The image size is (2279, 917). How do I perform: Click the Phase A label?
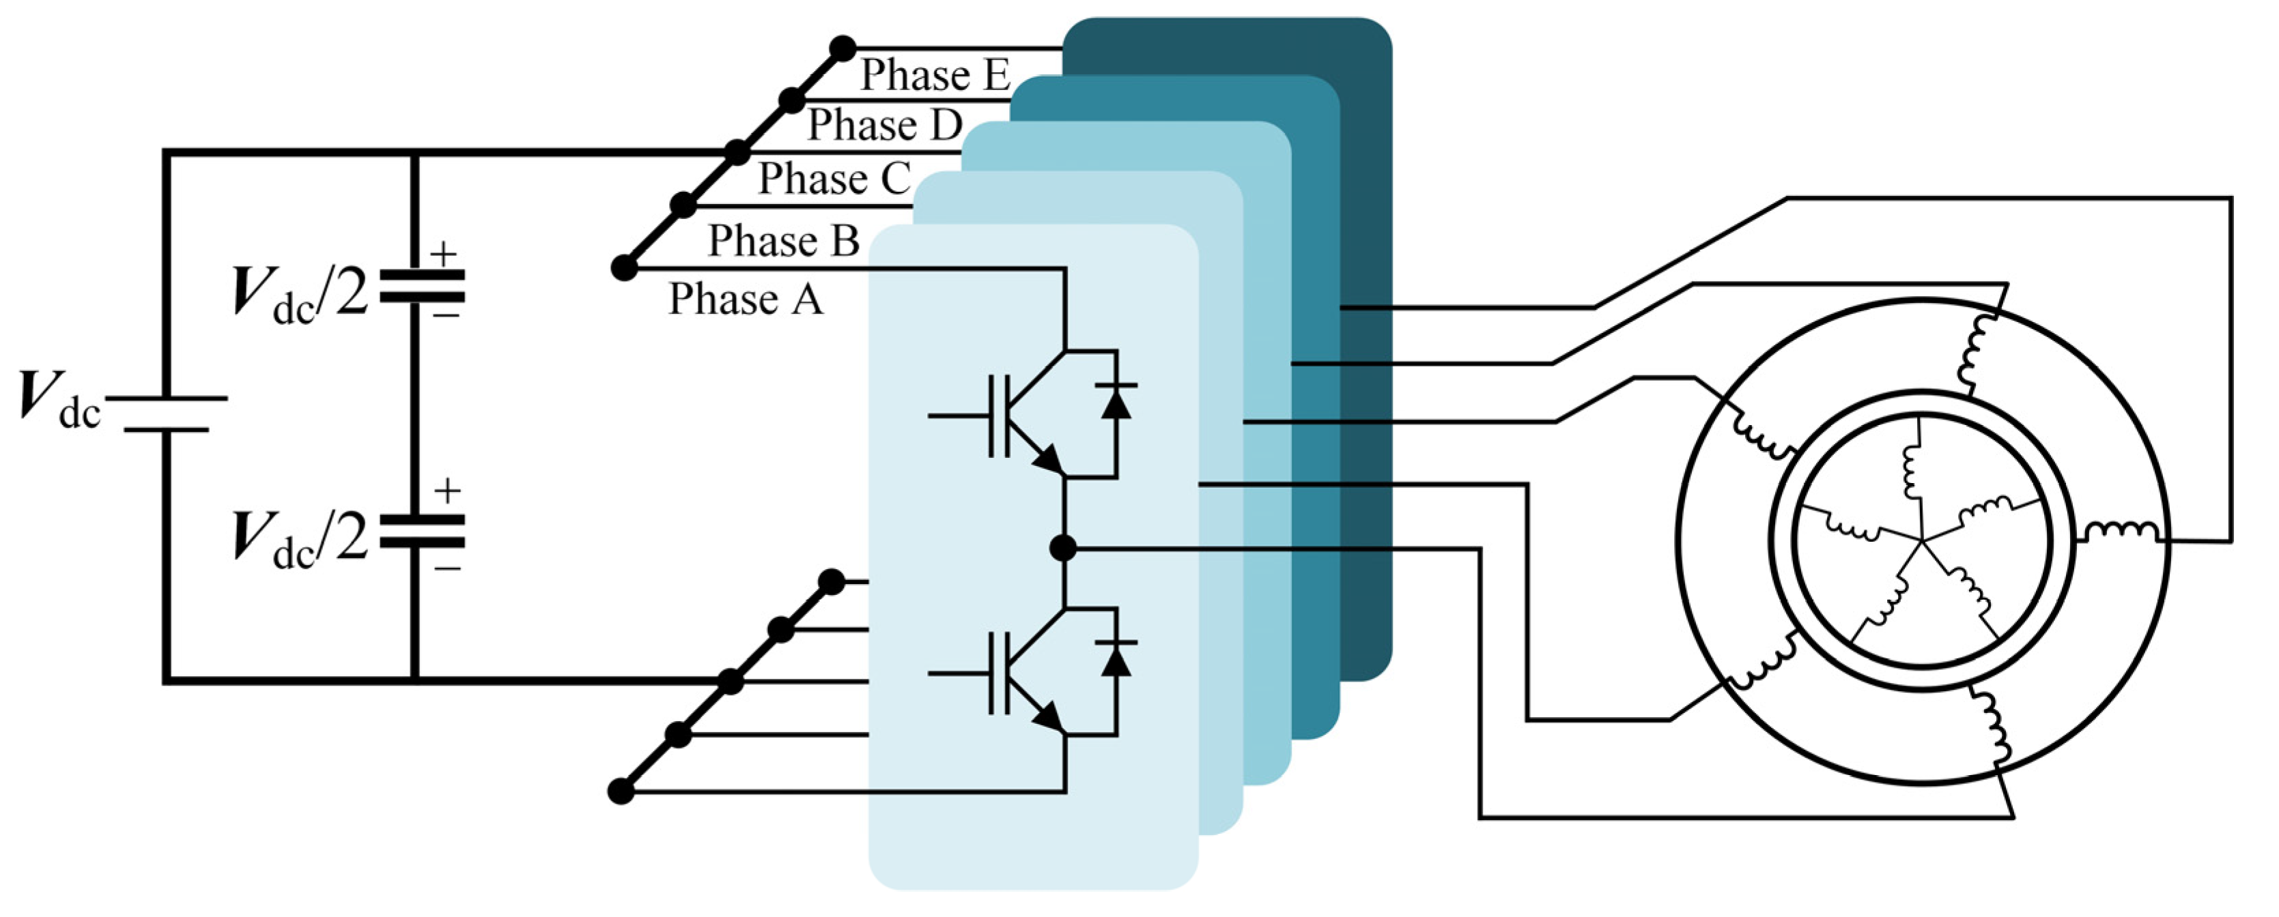(x=745, y=299)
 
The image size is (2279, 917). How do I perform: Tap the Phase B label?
(x=783, y=241)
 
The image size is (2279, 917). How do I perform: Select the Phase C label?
(x=834, y=179)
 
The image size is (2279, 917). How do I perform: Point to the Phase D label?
(x=884, y=125)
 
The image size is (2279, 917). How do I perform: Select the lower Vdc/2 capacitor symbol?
(x=422, y=532)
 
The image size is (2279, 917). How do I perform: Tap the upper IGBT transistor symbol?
(x=1017, y=416)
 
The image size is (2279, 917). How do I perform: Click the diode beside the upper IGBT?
(x=1116, y=403)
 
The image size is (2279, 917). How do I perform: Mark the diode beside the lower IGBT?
(x=1116, y=659)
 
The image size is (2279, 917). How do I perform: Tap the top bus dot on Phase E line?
(x=843, y=48)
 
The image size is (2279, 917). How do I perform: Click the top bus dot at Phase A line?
(x=625, y=267)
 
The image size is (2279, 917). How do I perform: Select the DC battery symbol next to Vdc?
(x=167, y=414)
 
